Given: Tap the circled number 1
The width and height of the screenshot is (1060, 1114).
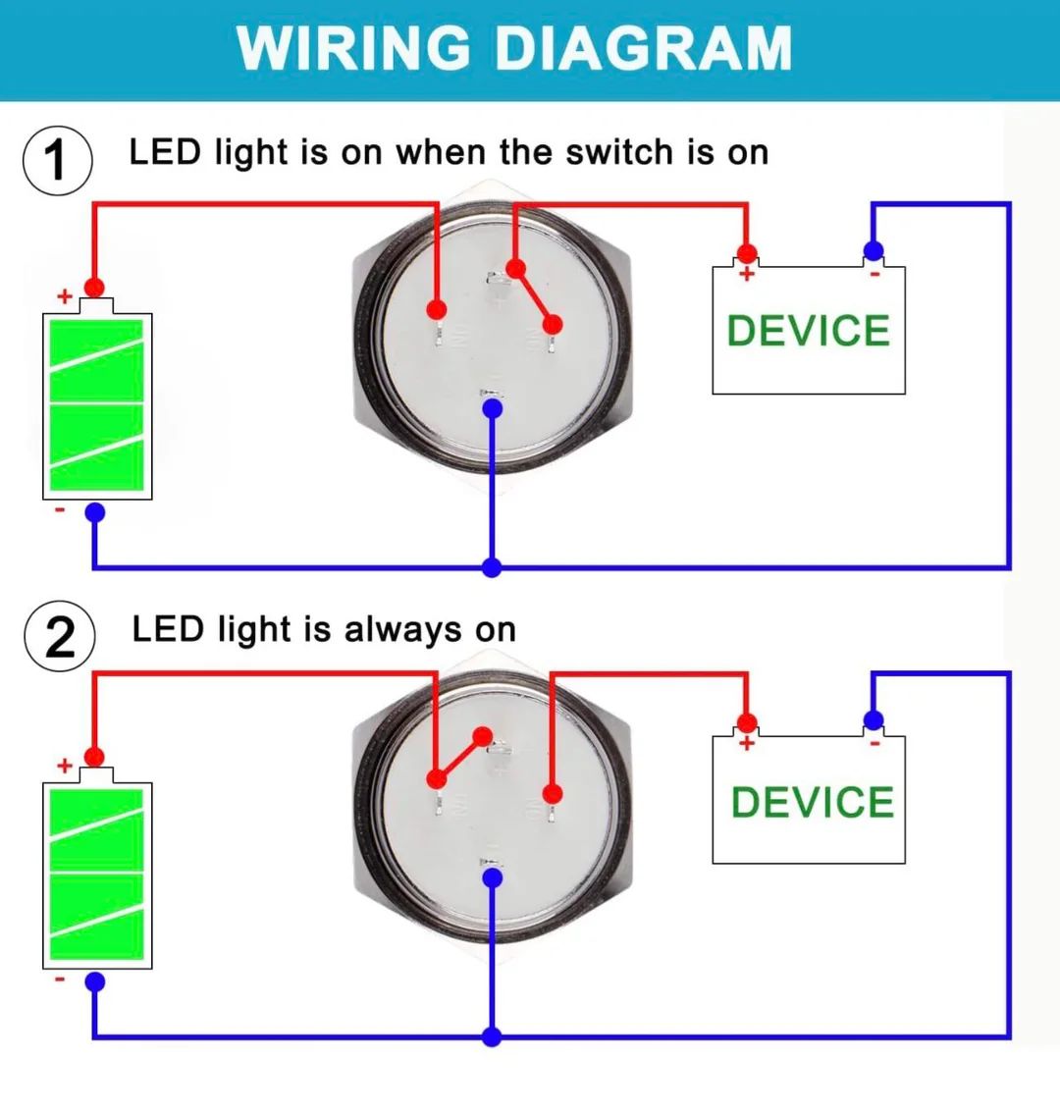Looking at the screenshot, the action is [x=58, y=161].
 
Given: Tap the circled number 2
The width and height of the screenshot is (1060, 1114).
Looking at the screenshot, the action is [x=60, y=637].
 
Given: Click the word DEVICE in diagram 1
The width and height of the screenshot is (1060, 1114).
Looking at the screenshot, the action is [x=809, y=331].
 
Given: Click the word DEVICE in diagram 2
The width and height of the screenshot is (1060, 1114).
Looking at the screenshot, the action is [x=812, y=802].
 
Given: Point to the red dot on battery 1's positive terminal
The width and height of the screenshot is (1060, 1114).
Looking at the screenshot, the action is [x=94, y=287].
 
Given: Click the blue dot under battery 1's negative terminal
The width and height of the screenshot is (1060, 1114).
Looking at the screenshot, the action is [x=94, y=512].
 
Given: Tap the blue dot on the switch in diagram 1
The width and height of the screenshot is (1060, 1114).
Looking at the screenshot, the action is [x=493, y=408].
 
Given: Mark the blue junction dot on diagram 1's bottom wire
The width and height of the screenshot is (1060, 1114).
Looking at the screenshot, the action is [x=492, y=567].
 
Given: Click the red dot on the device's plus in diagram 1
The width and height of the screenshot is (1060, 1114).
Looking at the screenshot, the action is [x=746, y=252].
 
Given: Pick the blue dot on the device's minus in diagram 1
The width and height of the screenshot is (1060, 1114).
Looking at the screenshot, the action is [x=874, y=250].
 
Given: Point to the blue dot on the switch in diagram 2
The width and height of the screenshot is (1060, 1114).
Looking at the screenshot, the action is [x=493, y=878].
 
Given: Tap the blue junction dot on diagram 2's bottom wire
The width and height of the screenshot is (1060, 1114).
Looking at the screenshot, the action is [x=492, y=1037].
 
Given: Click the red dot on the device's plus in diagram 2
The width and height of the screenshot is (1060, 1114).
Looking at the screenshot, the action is [x=746, y=723].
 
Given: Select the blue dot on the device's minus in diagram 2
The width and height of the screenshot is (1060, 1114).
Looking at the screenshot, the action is [x=874, y=720].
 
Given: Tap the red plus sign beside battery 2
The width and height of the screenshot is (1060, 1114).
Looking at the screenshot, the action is [x=65, y=766].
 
